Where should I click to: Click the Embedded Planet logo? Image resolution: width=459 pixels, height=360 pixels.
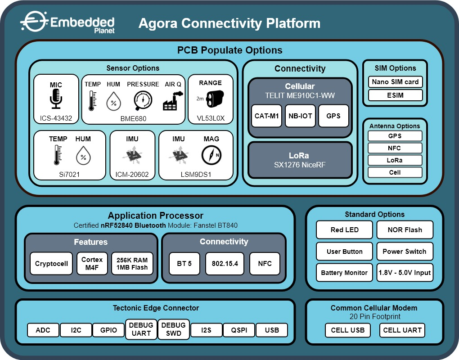67,22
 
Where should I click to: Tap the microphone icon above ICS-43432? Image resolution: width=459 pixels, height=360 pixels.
56,99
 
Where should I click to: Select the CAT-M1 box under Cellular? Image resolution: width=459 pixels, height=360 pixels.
266,116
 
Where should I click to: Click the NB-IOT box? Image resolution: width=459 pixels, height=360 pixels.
300,116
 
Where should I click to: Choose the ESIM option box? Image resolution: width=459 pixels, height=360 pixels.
395,95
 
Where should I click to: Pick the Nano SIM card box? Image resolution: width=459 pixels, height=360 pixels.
395,81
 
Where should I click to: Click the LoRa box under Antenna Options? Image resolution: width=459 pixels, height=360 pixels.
395,160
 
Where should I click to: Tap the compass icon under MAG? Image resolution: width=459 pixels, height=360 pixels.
211,155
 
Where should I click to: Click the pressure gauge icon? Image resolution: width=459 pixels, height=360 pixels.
143,100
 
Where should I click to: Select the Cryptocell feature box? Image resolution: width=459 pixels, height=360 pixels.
51,263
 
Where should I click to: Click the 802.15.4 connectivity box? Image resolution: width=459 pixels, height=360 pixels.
225,263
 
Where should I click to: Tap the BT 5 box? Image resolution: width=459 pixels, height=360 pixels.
184,263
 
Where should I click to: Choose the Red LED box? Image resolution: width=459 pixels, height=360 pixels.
345,230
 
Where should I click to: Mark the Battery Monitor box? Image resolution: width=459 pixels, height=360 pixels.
345,273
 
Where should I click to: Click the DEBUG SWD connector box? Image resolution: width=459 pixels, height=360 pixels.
174,329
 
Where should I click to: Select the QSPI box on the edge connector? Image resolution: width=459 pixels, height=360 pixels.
239,330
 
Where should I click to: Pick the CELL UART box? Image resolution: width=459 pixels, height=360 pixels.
402,330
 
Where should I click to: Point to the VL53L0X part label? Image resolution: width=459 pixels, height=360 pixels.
211,118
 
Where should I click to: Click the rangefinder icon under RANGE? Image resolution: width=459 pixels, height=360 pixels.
215,99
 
